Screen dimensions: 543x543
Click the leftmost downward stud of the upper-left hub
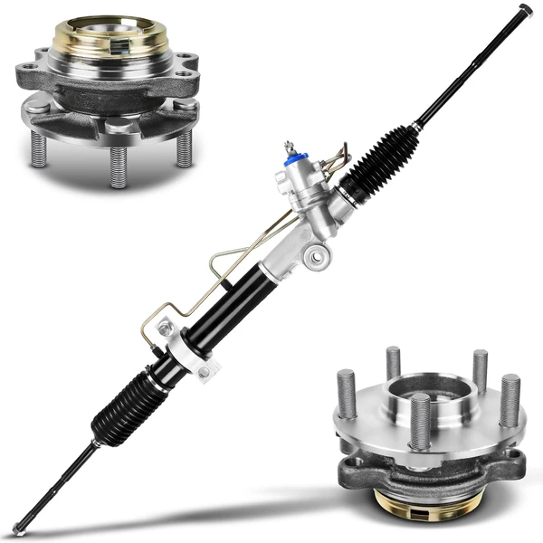(38, 148)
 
